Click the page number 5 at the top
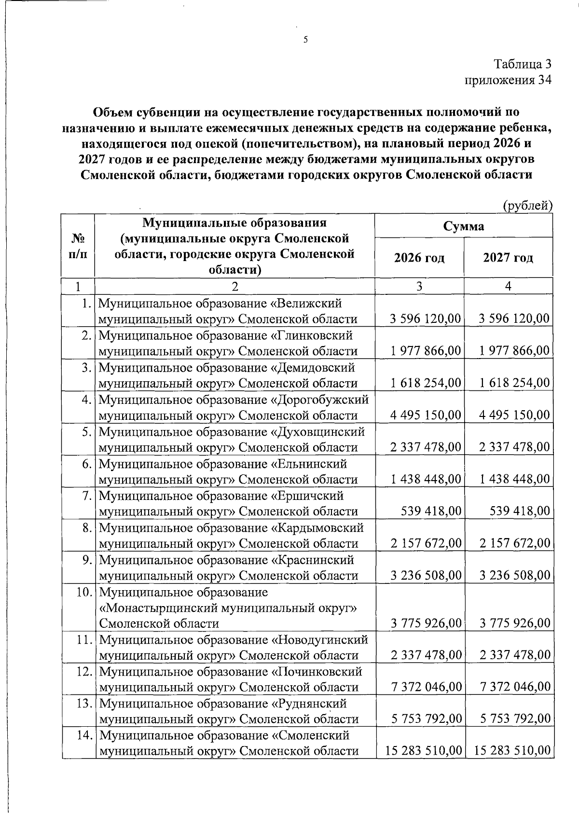pyautogui.click(x=305, y=41)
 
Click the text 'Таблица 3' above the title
pyautogui.click(x=522, y=64)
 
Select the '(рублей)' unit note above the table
pyautogui.click(x=527, y=206)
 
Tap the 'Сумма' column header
pyautogui.click(x=464, y=226)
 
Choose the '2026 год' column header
pyautogui.click(x=419, y=258)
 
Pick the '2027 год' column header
pyautogui.click(x=508, y=258)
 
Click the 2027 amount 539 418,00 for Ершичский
pyautogui.click(x=520, y=511)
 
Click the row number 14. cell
pyautogui.click(x=85, y=736)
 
